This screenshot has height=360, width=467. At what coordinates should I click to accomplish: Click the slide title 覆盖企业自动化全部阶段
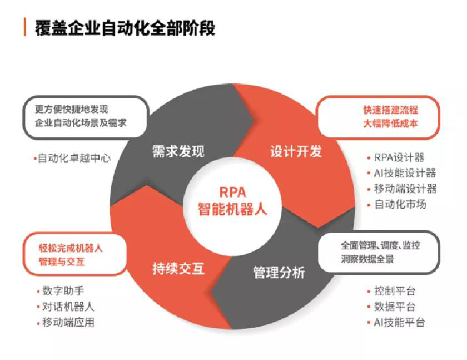tap(125, 26)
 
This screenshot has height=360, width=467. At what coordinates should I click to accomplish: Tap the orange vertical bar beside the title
tap(24, 26)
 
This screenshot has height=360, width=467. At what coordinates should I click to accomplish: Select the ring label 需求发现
tap(178, 151)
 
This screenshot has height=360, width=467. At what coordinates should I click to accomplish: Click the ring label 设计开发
tap(296, 151)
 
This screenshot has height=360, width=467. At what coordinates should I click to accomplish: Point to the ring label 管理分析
tap(279, 273)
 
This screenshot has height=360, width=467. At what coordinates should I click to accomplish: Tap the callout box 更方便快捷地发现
tap(85, 115)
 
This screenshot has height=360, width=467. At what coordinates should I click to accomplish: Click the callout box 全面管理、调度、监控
tap(380, 252)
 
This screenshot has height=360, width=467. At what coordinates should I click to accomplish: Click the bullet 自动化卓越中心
tap(72, 158)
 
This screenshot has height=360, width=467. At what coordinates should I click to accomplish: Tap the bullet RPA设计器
tap(399, 158)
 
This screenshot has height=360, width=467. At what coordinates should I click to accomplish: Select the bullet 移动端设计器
tap(405, 189)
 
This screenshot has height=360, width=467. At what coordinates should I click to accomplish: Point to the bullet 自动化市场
tap(400, 204)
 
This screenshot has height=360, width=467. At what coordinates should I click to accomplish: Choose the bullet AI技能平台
tap(399, 322)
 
